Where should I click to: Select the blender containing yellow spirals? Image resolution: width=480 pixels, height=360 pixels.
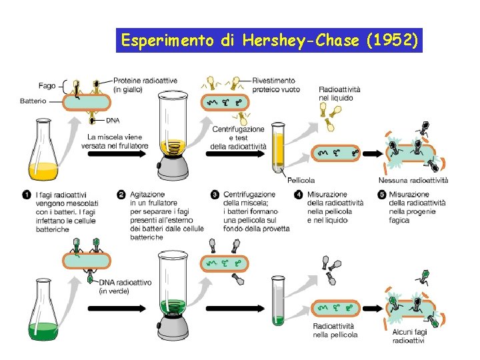click(174, 133)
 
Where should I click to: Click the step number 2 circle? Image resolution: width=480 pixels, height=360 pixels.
click(121, 195)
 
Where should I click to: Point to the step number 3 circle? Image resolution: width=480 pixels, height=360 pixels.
click(215, 195)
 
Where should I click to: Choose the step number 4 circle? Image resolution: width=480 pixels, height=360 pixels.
click(299, 195)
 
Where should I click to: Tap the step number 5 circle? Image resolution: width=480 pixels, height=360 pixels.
click(381, 195)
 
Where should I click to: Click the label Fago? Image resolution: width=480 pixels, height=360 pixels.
click(47, 85)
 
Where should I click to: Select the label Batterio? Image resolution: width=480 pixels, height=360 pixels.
click(33, 101)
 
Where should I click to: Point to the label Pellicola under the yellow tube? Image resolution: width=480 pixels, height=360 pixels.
click(301, 180)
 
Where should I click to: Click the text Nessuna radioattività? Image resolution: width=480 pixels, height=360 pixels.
click(413, 180)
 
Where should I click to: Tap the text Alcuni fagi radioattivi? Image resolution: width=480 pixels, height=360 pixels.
click(408, 336)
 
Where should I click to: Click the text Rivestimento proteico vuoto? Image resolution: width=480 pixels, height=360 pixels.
click(275, 85)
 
